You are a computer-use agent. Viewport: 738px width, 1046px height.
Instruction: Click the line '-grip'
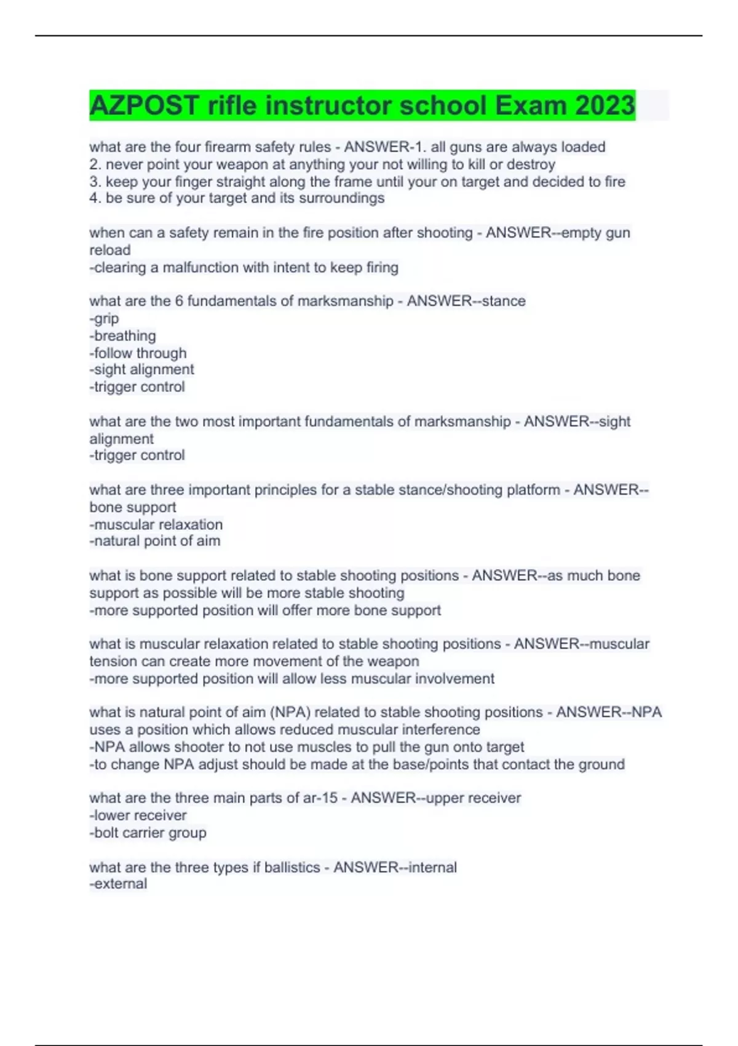point(104,319)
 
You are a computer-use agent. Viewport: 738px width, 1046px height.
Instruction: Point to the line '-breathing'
point(122,336)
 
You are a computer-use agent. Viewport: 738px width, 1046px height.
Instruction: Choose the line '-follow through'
point(138,353)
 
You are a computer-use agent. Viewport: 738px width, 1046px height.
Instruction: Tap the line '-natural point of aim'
point(154,541)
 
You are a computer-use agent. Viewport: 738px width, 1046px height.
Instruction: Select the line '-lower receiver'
point(138,815)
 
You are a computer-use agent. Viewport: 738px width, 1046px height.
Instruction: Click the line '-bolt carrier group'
point(148,832)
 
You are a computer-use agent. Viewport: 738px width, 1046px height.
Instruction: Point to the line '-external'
point(118,884)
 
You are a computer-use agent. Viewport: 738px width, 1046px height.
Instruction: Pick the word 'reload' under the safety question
point(109,250)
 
